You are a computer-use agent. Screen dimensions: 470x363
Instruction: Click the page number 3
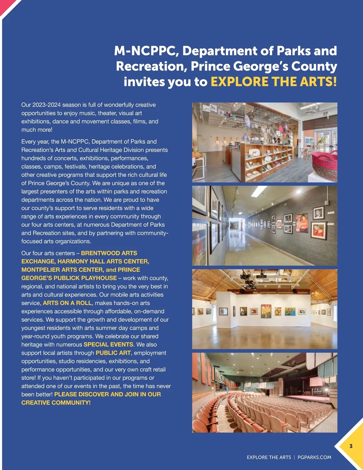(351, 446)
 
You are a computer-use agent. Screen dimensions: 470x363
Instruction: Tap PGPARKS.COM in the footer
(314, 457)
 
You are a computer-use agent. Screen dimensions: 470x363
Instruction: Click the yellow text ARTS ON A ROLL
(67, 303)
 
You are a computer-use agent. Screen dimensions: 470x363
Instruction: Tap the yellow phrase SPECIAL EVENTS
(108, 344)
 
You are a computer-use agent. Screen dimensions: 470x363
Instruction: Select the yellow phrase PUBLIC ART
(113, 353)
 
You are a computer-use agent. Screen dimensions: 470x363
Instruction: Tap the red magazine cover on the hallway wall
(302, 223)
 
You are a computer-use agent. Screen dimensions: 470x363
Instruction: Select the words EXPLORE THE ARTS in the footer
(269, 457)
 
